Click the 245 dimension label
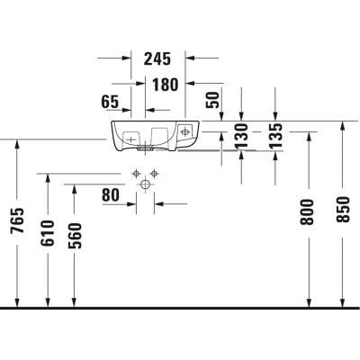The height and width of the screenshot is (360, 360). (x=157, y=58)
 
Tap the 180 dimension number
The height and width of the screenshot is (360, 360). (x=166, y=85)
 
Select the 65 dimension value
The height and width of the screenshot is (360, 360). (x=110, y=102)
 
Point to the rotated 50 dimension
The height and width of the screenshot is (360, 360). (x=212, y=100)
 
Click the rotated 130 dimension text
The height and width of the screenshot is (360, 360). (x=241, y=136)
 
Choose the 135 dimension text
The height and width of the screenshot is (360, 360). (x=275, y=136)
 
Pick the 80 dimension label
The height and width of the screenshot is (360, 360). (x=111, y=195)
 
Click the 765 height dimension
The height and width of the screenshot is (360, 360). (x=17, y=220)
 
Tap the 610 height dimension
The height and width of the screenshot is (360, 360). (x=48, y=233)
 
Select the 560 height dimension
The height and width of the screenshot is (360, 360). (x=75, y=236)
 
